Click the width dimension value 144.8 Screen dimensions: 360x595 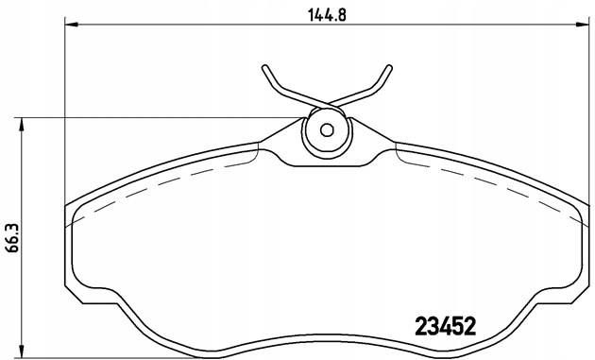click(324, 14)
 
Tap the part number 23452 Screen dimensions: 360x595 click(445, 325)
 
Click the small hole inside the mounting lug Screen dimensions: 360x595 click(326, 131)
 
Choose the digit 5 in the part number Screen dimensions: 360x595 click(457, 325)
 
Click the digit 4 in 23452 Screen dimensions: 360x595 click(445, 325)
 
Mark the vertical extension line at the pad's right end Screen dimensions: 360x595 click(584, 113)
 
